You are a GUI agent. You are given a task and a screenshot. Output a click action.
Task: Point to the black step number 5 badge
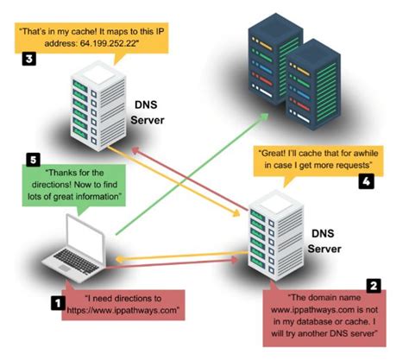click(33, 160)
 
